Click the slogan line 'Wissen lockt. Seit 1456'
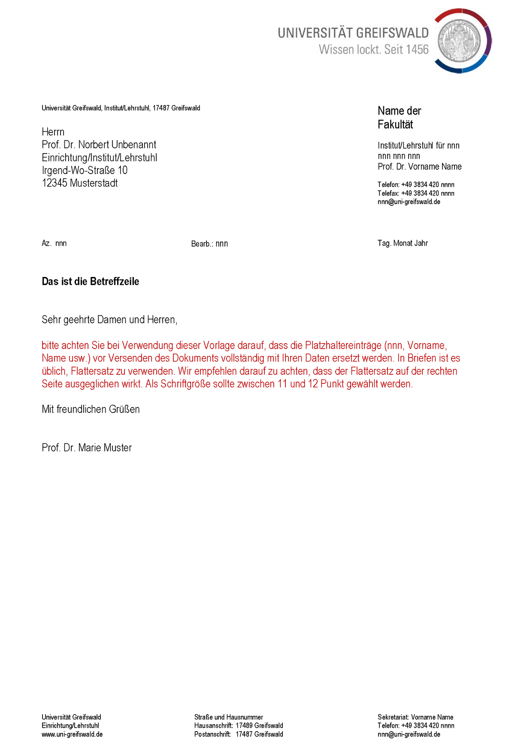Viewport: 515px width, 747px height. click(x=373, y=50)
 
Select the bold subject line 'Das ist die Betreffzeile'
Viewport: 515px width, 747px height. click(x=91, y=282)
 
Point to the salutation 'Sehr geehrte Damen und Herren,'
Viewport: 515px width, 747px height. click(x=109, y=320)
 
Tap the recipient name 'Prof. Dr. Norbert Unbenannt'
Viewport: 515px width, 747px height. click(x=99, y=145)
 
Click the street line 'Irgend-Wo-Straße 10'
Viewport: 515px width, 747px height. click(x=85, y=171)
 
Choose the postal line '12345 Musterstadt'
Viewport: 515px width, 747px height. click(x=80, y=184)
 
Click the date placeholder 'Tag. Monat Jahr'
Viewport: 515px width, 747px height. click(x=403, y=244)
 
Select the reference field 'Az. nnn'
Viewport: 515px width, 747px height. click(x=54, y=244)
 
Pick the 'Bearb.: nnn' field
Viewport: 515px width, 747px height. click(x=209, y=244)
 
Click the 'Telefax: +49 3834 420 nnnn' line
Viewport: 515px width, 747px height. click(x=416, y=193)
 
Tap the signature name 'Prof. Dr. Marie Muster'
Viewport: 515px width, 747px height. click(x=87, y=448)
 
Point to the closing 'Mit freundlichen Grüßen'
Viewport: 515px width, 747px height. click(x=91, y=410)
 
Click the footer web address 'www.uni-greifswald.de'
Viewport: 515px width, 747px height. click(x=72, y=735)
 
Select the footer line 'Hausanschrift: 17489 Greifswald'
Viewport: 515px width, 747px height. click(x=239, y=726)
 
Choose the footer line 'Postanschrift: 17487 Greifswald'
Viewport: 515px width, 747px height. click(x=239, y=735)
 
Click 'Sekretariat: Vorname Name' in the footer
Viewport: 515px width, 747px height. click(x=415, y=717)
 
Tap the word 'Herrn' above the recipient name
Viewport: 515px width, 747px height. click(x=53, y=132)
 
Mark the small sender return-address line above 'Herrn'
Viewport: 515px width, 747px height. click(x=121, y=108)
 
